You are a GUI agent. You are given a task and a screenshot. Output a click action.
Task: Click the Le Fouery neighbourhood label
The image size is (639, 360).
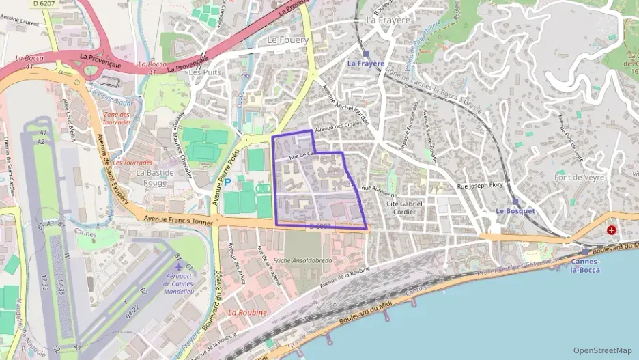287,40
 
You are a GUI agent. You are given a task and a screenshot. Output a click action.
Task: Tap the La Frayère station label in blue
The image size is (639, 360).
367,63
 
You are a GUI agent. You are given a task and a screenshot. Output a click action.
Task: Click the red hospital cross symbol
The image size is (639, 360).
611,231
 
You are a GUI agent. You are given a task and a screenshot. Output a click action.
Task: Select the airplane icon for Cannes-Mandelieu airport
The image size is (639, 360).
179,265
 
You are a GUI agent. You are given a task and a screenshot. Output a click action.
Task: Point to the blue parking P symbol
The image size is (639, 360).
228,182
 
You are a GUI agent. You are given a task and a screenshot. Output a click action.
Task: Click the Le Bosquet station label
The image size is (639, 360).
515,211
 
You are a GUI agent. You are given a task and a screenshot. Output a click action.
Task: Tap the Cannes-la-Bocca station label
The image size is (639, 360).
585,266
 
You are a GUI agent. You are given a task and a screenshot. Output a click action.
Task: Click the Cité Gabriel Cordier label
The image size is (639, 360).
405,208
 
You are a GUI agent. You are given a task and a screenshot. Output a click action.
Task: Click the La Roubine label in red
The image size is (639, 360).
247,312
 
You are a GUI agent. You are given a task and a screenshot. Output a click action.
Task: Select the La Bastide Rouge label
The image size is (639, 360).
152,178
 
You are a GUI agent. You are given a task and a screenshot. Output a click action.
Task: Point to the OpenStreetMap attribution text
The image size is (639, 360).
603,350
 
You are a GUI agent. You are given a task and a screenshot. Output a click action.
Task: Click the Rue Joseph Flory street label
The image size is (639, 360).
480,185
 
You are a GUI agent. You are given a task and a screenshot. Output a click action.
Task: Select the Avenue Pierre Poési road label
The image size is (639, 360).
227,176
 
